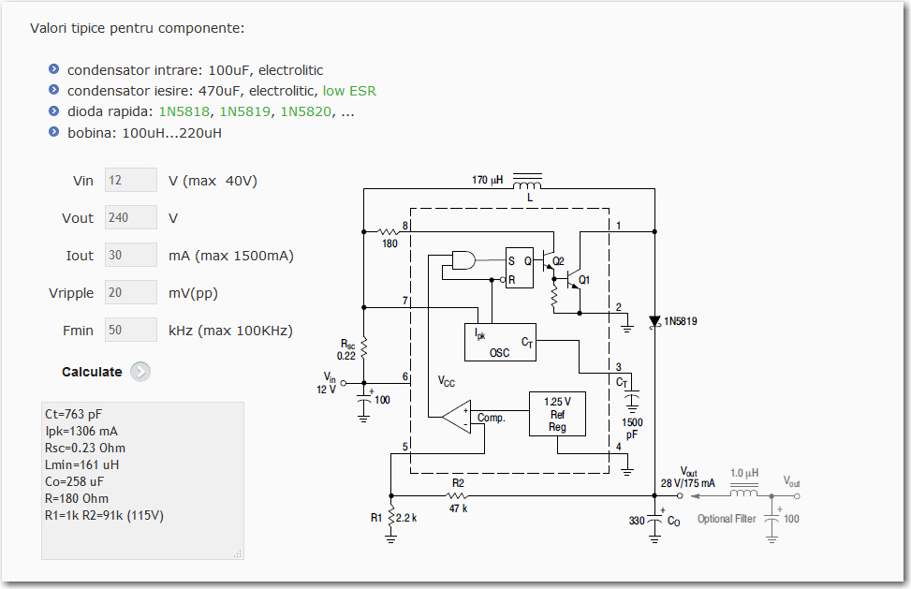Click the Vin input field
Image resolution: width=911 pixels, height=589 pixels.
pyautogui.click(x=131, y=181)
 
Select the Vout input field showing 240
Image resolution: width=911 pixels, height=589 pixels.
pyautogui.click(x=131, y=218)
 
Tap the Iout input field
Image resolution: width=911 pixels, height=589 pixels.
pyautogui.click(x=131, y=256)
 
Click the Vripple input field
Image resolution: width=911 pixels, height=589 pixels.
pyautogui.click(x=131, y=293)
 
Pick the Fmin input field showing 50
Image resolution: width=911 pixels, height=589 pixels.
pyautogui.click(x=131, y=331)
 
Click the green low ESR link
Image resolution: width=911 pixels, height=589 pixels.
pyautogui.click(x=349, y=91)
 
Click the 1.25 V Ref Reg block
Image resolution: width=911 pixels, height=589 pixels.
pyautogui.click(x=557, y=413)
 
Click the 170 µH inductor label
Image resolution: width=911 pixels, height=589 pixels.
pyautogui.click(x=487, y=179)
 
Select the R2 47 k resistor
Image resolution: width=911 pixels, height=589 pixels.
pyautogui.click(x=458, y=494)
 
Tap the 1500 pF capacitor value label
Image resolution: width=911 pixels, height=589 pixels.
pyautogui.click(x=632, y=427)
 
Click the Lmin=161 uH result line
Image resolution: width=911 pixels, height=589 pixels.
pyautogui.click(x=82, y=464)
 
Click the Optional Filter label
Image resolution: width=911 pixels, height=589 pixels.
pyautogui.click(x=727, y=519)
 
